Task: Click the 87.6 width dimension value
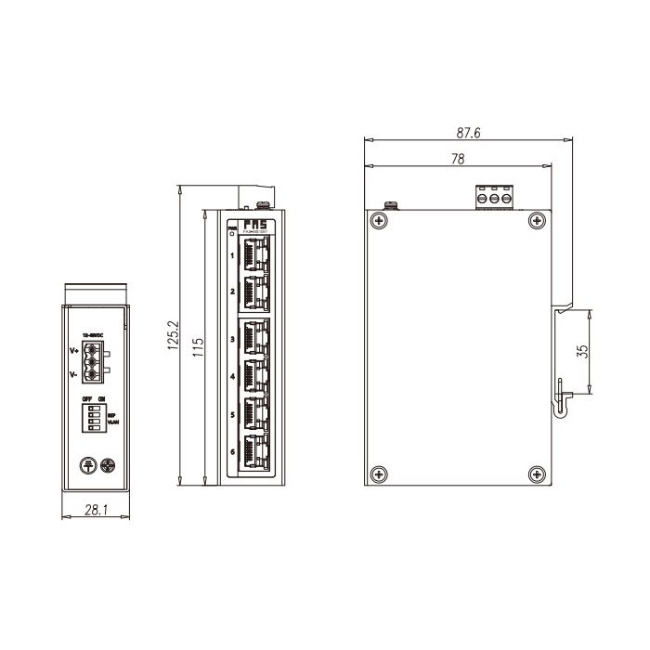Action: click(470, 134)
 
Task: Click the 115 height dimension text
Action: click(198, 349)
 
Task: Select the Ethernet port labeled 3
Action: click(253, 338)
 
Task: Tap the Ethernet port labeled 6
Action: click(253, 452)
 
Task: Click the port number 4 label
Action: click(231, 376)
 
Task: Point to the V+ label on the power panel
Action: click(73, 351)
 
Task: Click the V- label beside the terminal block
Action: click(73, 374)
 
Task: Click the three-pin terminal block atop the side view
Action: click(494, 198)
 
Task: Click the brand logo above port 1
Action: click(253, 225)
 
